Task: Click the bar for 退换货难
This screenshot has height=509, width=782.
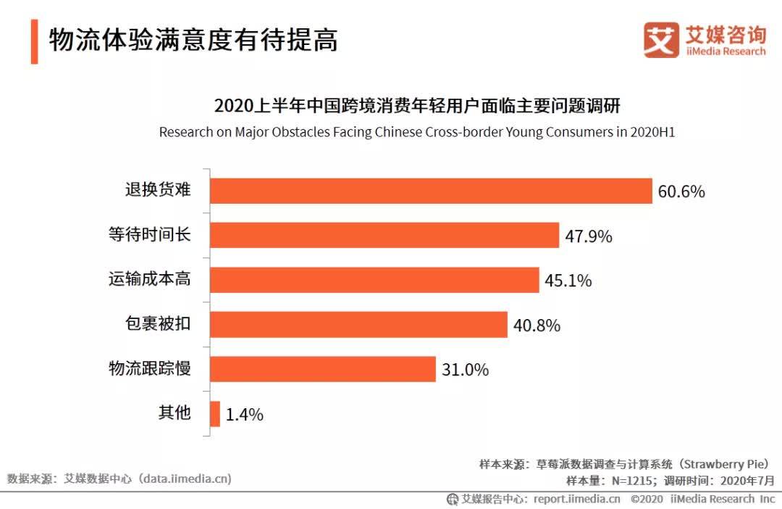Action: point(431,191)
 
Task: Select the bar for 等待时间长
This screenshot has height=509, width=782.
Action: point(384,236)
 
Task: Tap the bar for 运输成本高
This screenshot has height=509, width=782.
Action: point(374,280)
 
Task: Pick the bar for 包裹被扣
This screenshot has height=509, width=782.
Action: point(358,325)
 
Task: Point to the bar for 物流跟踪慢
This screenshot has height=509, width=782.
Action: point(323,369)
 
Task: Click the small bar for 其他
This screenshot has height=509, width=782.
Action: point(215,414)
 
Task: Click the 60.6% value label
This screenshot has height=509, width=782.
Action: point(681,192)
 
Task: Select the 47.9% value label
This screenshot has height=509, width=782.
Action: point(589,236)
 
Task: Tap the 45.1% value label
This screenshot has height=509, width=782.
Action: point(568,281)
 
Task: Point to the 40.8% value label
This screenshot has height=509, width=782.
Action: point(537,326)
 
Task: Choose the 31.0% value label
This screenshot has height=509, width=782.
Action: point(465,370)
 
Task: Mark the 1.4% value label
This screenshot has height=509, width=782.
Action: point(244,415)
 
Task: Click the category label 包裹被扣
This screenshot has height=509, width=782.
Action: point(158,323)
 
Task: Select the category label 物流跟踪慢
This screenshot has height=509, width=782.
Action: point(149,368)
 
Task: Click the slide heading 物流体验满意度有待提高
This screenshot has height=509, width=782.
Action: point(193,40)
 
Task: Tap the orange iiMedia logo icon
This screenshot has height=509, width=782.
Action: point(661,40)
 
